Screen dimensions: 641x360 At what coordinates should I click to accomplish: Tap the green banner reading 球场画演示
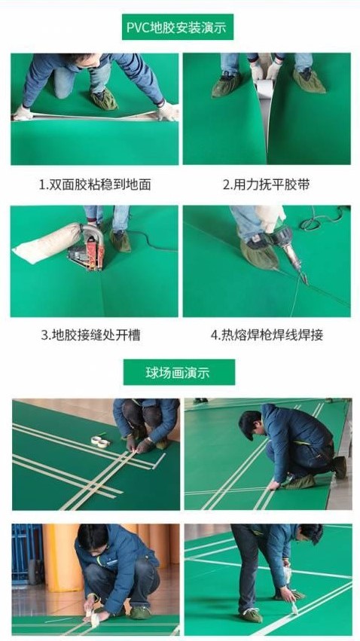178,371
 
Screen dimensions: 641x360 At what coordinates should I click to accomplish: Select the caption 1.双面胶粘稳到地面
94,185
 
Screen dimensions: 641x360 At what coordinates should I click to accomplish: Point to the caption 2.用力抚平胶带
266,185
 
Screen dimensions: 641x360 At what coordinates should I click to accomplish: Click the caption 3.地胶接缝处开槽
94,335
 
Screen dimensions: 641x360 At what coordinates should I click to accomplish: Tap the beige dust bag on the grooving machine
47,243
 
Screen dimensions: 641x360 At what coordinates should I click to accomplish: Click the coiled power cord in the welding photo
321,220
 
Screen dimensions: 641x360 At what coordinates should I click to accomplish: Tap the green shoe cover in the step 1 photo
103,99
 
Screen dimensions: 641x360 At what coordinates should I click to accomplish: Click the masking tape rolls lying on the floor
100,441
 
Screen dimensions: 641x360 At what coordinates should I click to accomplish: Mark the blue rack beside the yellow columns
27,554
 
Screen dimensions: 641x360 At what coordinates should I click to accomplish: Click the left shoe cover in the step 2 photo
226,85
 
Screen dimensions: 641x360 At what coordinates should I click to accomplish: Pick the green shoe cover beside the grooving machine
120,240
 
